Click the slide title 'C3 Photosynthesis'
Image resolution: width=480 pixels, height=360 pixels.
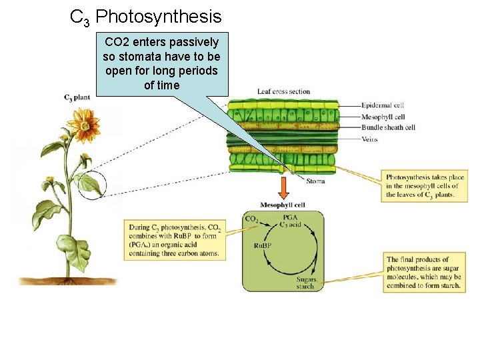145,17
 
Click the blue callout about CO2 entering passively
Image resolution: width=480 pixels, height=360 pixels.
161,63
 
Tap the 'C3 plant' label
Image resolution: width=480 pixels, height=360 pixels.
77,97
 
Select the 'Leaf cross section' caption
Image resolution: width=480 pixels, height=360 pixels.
283,91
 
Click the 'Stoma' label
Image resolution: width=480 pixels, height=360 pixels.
315,180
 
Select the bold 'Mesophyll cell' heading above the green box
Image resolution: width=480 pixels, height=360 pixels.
283,205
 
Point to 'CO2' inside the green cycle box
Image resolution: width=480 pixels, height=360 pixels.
253,219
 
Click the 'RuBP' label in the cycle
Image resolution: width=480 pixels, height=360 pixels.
263,246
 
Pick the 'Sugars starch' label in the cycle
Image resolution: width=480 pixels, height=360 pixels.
305,283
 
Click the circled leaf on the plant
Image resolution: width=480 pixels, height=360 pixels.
88,183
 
